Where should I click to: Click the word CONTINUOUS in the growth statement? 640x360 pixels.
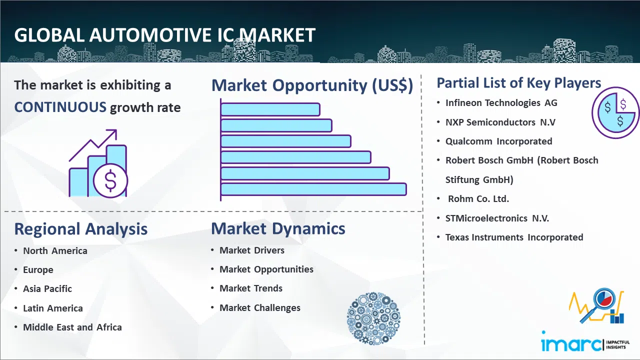click(60, 107)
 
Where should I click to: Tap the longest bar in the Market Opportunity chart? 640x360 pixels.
click(313, 189)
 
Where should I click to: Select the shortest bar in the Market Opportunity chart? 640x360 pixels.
click(270, 109)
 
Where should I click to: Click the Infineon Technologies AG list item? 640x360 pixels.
click(501, 103)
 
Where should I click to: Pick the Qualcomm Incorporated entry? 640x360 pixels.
click(498, 141)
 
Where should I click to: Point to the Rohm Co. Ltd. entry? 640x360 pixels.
click(478, 199)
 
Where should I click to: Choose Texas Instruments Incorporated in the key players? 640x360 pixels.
click(514, 237)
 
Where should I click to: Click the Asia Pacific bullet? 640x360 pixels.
click(47, 289)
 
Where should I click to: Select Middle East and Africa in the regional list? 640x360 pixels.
click(72, 327)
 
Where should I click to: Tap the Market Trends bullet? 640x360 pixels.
click(251, 288)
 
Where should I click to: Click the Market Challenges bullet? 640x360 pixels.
click(259, 307)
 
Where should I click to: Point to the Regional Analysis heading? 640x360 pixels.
click(81, 229)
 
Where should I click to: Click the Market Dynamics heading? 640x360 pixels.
click(278, 228)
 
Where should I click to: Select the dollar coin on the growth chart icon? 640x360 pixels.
click(110, 181)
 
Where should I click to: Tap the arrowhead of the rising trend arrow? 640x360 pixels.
click(112, 133)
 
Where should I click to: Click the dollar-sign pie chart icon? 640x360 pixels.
click(615, 112)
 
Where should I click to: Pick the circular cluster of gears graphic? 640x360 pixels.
click(373, 318)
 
